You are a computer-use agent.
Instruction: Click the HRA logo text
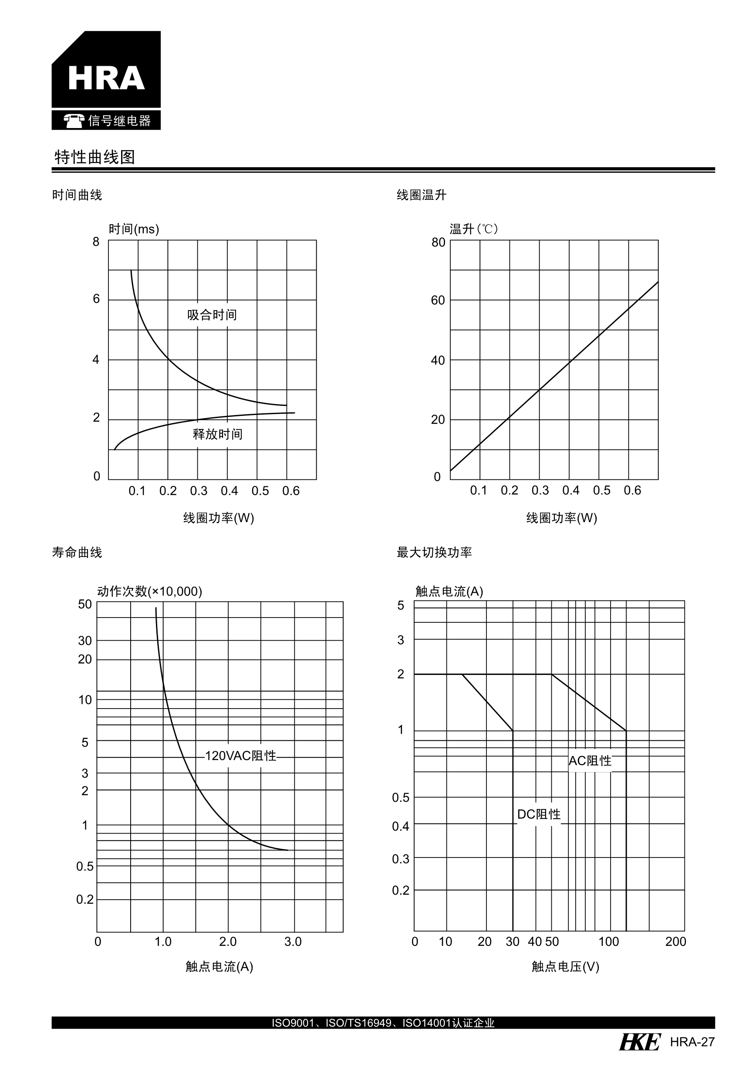click(x=106, y=78)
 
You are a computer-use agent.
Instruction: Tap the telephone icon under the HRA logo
click(x=74, y=121)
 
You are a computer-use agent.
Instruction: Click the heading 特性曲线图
click(x=94, y=157)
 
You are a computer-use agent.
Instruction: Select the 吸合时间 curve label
click(x=212, y=315)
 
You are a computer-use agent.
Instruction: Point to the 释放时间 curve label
click(x=217, y=434)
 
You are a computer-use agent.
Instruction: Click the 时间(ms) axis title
click(x=134, y=229)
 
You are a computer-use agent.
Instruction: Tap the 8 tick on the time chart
click(x=96, y=242)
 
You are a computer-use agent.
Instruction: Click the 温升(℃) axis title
click(x=473, y=229)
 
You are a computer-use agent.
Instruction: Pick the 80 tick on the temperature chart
click(x=438, y=242)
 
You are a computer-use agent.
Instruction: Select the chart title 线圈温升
click(x=421, y=195)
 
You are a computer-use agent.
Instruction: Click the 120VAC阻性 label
click(x=240, y=756)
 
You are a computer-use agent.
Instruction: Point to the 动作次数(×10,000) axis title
click(x=150, y=591)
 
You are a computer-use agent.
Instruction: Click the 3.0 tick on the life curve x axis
click(x=293, y=941)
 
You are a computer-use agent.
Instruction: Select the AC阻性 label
click(x=590, y=761)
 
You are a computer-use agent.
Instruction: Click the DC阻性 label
click(x=539, y=814)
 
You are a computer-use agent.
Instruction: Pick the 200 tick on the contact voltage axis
click(x=675, y=941)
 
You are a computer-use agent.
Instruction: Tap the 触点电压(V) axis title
click(x=565, y=967)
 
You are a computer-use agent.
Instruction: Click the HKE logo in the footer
click(x=640, y=1042)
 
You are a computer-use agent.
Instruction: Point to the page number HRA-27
click(x=692, y=1042)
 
